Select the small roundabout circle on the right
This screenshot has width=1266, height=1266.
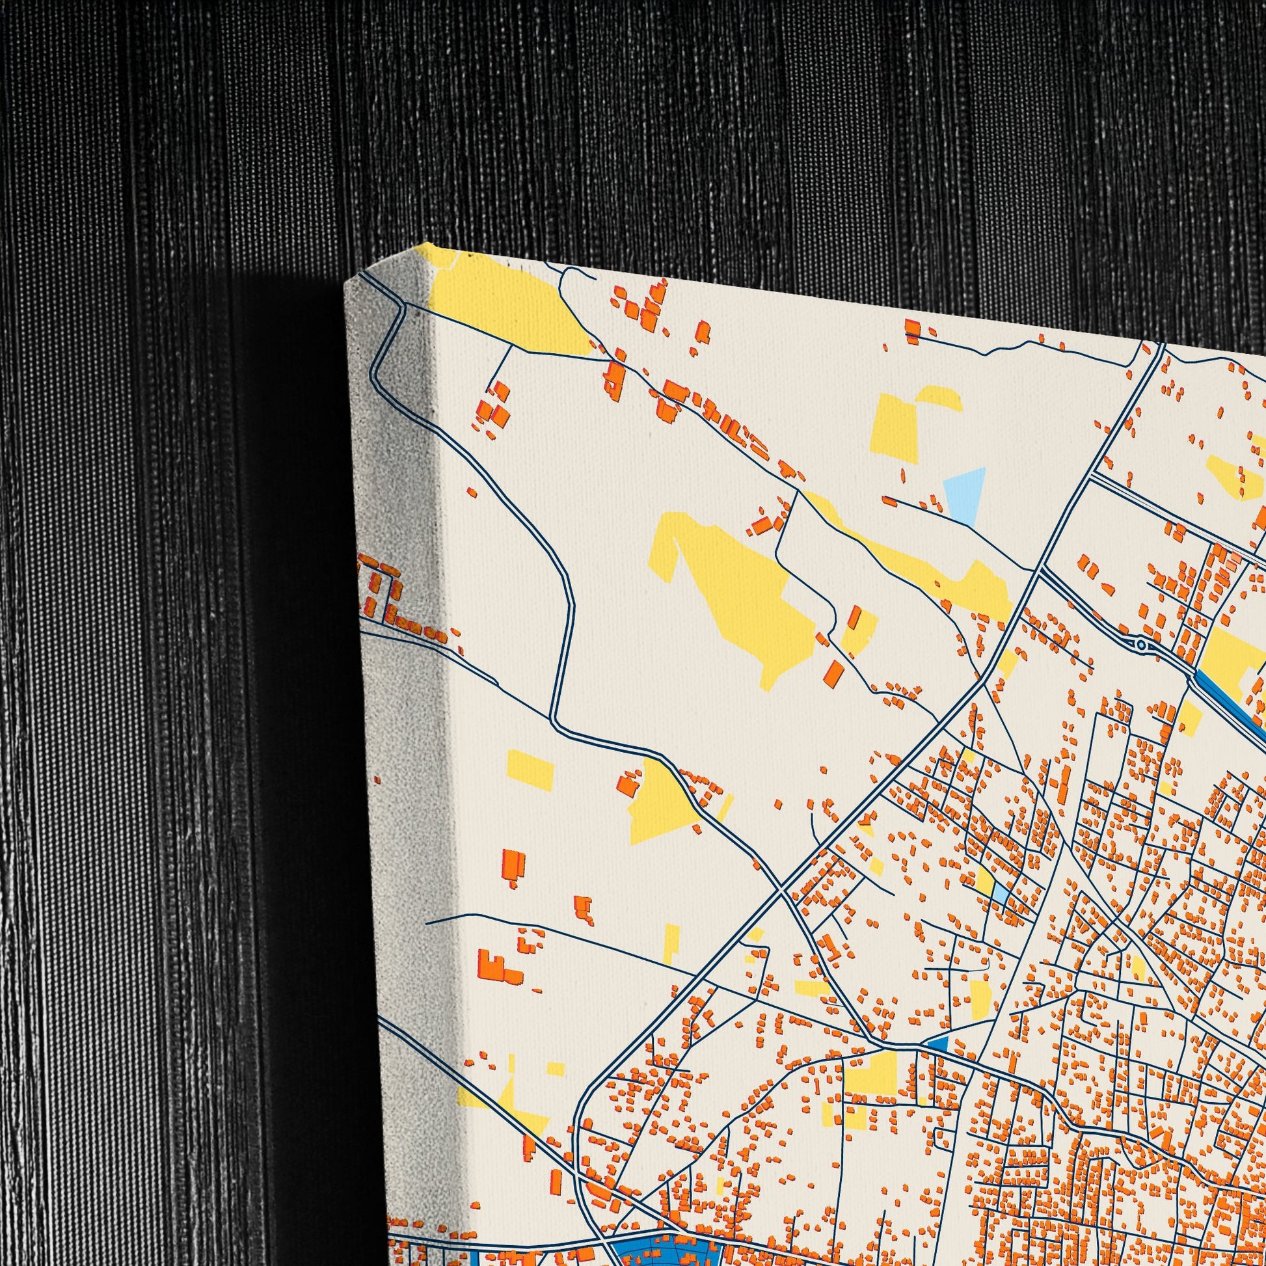(1142, 646)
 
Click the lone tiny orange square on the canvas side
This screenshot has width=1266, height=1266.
(377, 780)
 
